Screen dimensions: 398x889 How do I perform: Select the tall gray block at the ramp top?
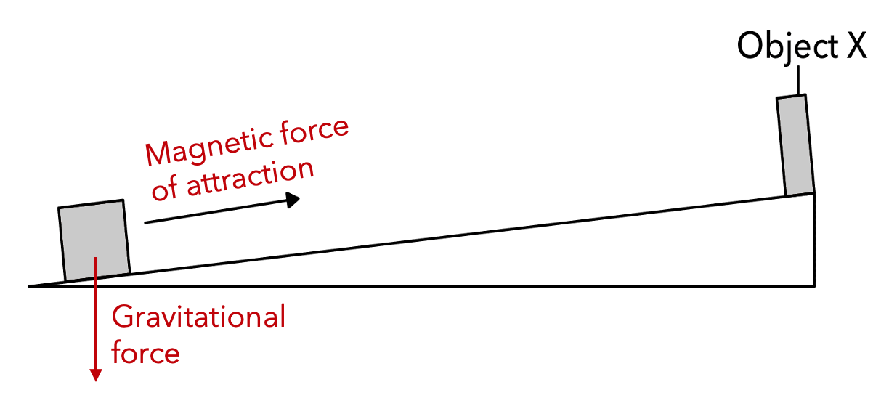[795, 145]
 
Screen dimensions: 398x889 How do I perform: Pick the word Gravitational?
[198, 317]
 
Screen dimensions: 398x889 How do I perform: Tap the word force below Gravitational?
[145, 353]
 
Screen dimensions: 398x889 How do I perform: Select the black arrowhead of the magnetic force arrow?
[293, 200]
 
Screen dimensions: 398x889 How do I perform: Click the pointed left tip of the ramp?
[31, 285]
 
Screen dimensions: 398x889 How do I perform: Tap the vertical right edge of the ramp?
[814, 240]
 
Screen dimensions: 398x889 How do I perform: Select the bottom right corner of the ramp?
[814, 285]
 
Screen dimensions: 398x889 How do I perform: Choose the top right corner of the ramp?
[814, 192]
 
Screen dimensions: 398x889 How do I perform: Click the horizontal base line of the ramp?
[436, 285]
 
